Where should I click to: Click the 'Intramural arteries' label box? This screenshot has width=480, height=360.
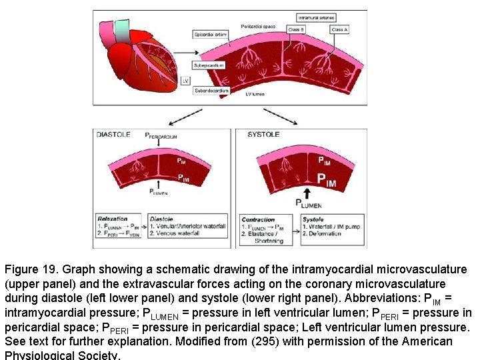318,17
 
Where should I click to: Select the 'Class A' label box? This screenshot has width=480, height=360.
339,30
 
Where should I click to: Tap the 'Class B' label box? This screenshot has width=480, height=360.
297,30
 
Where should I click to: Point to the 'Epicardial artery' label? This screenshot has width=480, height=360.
210,34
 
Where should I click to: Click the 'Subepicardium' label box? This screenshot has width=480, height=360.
209,66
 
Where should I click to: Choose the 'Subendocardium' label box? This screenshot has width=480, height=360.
211,90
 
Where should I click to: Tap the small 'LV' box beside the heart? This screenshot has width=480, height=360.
185,80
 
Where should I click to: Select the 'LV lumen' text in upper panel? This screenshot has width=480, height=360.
254,95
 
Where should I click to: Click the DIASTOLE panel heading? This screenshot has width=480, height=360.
114,134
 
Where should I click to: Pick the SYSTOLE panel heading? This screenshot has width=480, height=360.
263,134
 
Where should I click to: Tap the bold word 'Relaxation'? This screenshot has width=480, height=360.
113,219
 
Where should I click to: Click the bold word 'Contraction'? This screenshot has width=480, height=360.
258,219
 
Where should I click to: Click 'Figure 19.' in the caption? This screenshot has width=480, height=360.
32,270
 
